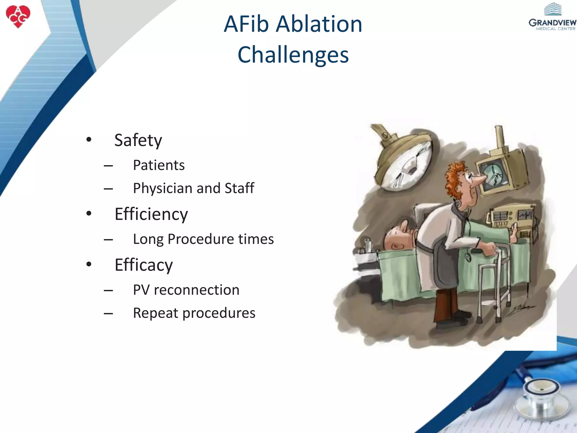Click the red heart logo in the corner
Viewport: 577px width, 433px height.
(x=18, y=16)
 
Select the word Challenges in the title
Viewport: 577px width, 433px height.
(x=293, y=55)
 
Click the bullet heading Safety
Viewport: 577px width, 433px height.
(x=138, y=140)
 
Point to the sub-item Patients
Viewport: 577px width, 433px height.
(x=159, y=165)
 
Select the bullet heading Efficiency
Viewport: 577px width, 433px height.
(x=151, y=214)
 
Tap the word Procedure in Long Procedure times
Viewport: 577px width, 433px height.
(x=201, y=239)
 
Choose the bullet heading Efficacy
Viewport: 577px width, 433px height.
(x=144, y=265)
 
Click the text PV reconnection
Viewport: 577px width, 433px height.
(x=186, y=290)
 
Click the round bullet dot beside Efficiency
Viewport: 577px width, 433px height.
(x=89, y=213)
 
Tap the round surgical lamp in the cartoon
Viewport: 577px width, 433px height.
(x=406, y=164)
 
